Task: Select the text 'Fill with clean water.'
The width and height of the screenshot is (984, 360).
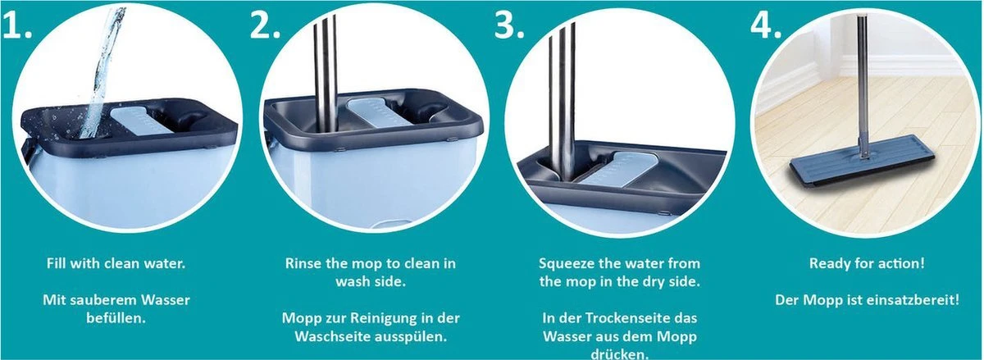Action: click(116, 264)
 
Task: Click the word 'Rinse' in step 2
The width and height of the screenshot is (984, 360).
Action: click(304, 264)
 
